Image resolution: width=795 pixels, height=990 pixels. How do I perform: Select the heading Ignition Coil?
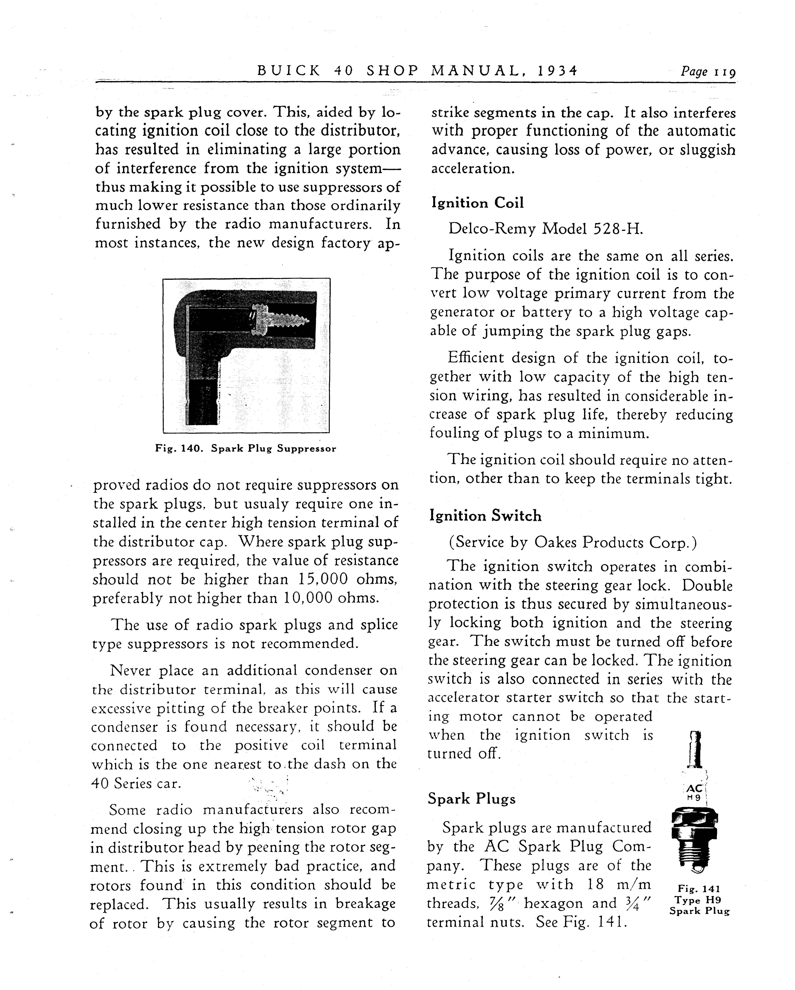click(477, 203)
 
